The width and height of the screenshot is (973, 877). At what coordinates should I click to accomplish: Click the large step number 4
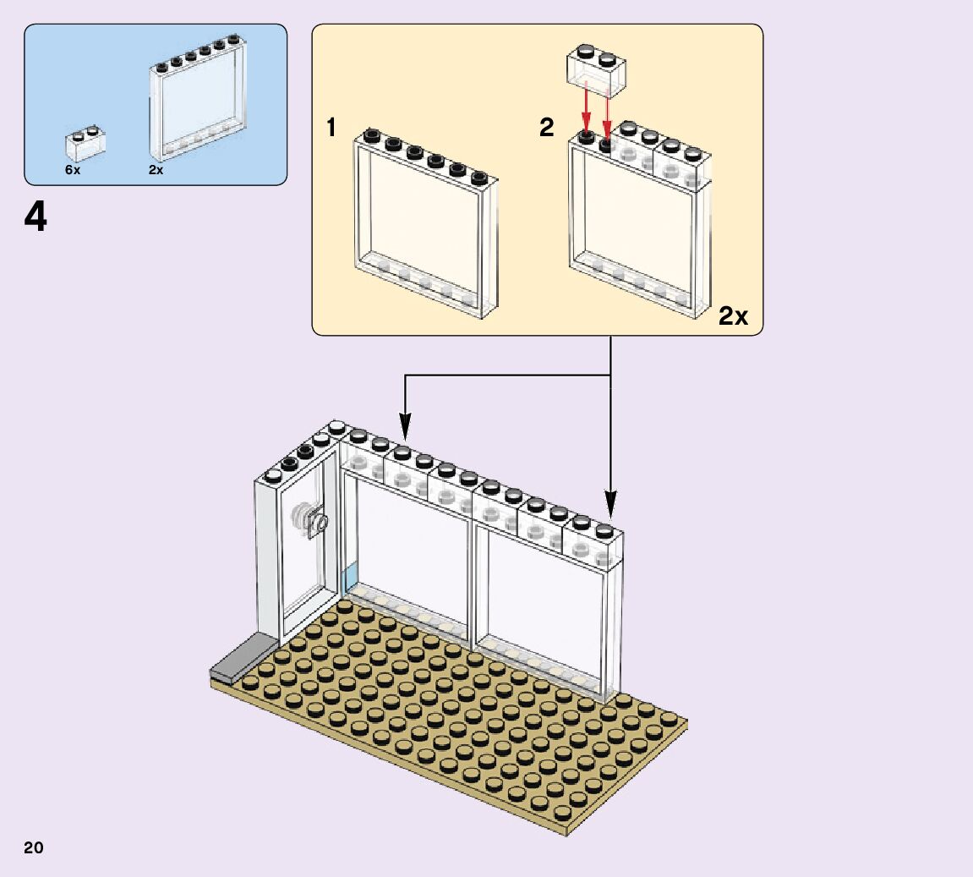(x=36, y=218)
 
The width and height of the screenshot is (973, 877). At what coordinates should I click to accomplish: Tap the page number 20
(x=34, y=847)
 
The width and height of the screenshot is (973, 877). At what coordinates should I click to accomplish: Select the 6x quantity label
(x=73, y=170)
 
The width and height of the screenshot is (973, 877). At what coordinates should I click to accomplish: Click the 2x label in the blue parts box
(x=156, y=170)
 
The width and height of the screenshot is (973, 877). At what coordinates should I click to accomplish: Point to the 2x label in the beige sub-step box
(x=733, y=316)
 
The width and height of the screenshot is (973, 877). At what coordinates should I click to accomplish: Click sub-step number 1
(x=331, y=129)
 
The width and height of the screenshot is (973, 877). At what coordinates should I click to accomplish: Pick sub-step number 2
(x=546, y=129)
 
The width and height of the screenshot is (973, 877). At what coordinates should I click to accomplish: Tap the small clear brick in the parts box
(x=86, y=144)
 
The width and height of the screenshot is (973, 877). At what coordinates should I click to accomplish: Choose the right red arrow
(x=607, y=114)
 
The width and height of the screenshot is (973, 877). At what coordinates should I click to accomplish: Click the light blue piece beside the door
(x=350, y=582)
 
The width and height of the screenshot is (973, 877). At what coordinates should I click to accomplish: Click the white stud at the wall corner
(x=336, y=427)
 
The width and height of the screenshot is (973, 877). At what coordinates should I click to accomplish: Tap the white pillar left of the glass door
(x=266, y=558)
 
